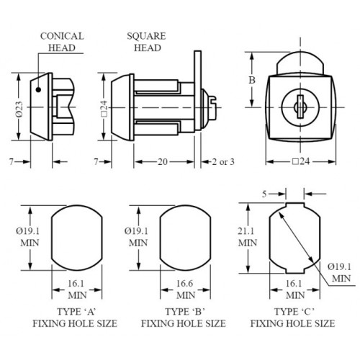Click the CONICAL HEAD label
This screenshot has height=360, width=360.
(x=62, y=42)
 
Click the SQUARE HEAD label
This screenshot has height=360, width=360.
(x=147, y=42)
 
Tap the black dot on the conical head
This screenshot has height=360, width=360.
(x=38, y=90)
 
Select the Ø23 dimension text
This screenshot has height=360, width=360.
(x=19, y=109)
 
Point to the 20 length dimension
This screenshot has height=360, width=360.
(x=163, y=161)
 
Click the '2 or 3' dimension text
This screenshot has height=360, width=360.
(x=223, y=162)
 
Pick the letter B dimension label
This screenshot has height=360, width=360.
(x=252, y=80)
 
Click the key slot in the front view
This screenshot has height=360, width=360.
(x=300, y=107)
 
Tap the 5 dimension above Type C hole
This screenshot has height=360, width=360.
(x=264, y=194)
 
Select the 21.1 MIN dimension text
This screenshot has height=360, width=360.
(x=248, y=237)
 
